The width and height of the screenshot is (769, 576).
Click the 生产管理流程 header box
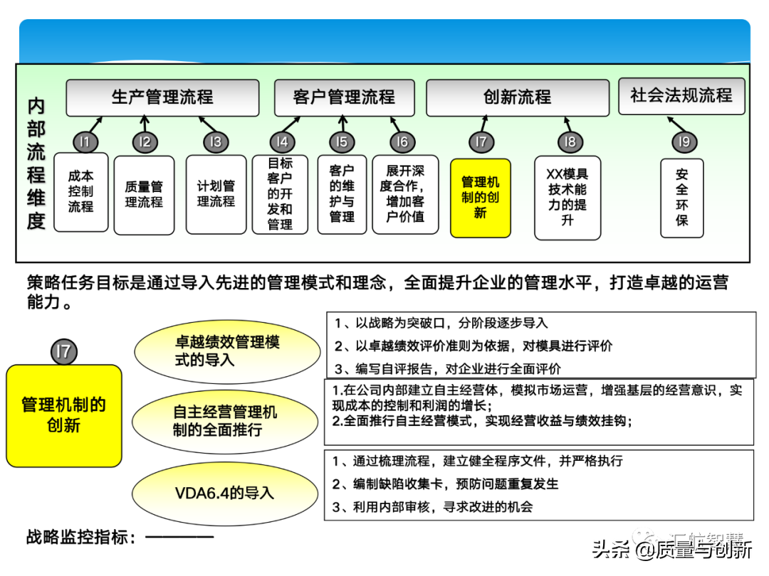pyautogui.click(x=162, y=97)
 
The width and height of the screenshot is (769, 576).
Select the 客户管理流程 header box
pyautogui.click(x=344, y=97)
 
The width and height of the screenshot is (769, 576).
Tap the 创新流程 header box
pyautogui.click(x=517, y=97)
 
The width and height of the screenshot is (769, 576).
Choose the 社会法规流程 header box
pyautogui.click(x=681, y=95)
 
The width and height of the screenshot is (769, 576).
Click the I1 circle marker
pyautogui.click(x=85, y=142)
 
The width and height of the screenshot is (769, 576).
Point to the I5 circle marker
pyautogui.click(x=342, y=142)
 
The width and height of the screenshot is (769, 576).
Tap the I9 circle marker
pyautogui.click(x=684, y=142)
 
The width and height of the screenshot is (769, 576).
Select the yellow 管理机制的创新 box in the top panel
pyautogui.click(x=481, y=198)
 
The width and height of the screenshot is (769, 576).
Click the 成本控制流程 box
pyautogui.click(x=81, y=192)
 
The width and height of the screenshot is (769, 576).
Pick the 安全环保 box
pyautogui.click(x=682, y=197)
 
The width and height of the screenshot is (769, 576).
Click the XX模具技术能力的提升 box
pyautogui.click(x=567, y=198)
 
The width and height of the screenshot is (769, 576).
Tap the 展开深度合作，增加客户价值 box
pyautogui.click(x=405, y=194)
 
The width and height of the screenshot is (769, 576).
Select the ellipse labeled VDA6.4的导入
pyautogui.click(x=225, y=493)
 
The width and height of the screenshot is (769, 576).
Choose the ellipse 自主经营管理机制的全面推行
pyautogui.click(x=225, y=421)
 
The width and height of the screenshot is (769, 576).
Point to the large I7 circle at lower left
pyautogui.click(x=64, y=351)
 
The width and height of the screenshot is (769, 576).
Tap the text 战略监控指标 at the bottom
pyautogui.click(x=81, y=537)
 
